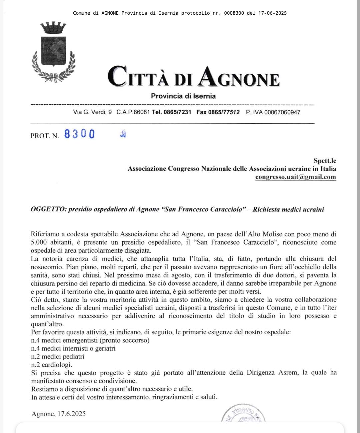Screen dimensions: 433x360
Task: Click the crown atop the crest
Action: point(53,28)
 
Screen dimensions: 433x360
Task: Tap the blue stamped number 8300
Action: point(79,134)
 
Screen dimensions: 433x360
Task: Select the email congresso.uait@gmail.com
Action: point(295,177)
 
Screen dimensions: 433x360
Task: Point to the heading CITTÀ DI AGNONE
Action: point(193,77)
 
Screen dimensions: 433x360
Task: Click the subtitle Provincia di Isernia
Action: point(183,96)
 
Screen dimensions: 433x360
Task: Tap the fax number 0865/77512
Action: point(224,112)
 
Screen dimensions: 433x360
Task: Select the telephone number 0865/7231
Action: point(177,112)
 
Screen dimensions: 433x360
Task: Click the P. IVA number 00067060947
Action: point(282,112)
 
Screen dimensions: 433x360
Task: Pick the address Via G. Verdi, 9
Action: point(92,112)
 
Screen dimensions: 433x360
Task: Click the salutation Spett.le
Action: point(325,161)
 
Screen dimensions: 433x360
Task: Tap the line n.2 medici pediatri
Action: point(58,356)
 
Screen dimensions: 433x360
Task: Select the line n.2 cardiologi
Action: point(52,365)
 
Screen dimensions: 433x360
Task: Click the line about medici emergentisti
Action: point(90,340)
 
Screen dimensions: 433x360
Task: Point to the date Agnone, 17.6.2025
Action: point(59,414)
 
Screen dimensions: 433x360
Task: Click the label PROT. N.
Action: point(45,136)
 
